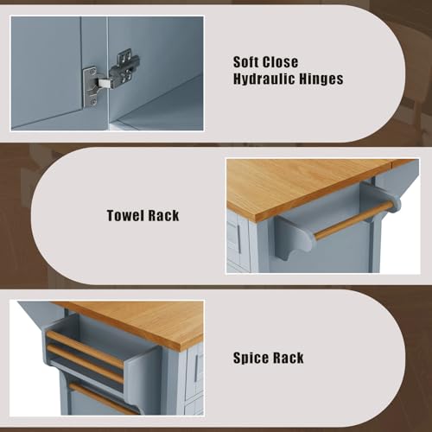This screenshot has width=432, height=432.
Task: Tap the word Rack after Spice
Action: point(287,357)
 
